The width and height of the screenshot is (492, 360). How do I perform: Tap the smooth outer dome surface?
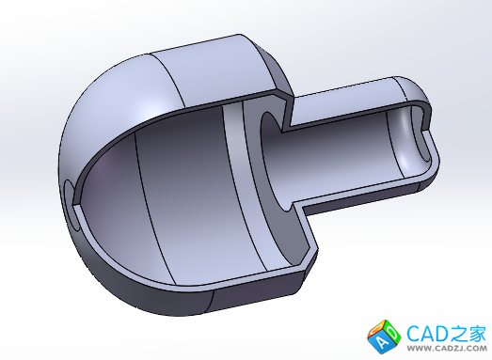pos(119,103)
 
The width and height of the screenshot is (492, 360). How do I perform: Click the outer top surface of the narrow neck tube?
pos(345,97)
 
